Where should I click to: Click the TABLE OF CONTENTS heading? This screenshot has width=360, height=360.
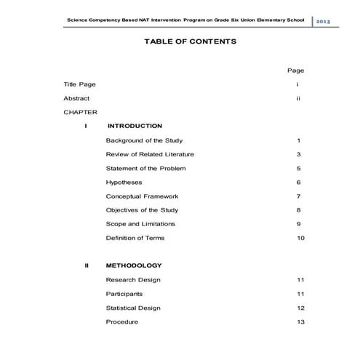click(180, 42)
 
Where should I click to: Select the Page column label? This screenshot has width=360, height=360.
click(295, 71)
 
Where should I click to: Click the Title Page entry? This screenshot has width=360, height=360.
click(79, 84)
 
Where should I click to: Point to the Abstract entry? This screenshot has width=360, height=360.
click(77, 98)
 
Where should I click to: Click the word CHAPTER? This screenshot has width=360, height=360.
click(80, 112)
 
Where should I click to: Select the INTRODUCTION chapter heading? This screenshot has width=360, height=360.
click(134, 126)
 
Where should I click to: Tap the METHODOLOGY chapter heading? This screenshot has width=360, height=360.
click(134, 265)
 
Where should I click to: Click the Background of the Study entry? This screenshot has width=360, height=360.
click(144, 140)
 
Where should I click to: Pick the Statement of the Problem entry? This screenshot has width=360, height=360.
click(145, 168)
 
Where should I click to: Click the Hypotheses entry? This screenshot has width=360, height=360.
click(124, 182)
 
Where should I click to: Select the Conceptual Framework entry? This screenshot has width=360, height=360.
click(142, 196)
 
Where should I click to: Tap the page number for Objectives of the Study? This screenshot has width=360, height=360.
click(299, 210)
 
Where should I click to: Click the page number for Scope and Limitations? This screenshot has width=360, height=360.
click(299, 224)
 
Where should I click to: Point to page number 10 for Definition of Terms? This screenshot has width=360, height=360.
click(300, 238)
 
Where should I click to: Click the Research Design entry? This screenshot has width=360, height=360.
click(133, 280)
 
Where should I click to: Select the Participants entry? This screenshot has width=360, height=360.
click(124, 294)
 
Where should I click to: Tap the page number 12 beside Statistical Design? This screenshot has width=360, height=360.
click(300, 308)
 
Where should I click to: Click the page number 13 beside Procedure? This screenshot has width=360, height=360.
click(300, 321)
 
